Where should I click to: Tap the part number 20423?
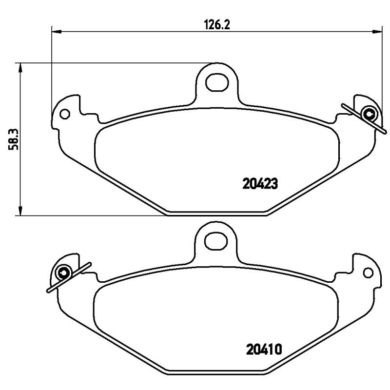click(260, 184)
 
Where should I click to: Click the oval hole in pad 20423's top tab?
click(216, 82)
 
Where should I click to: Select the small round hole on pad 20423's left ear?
click(64, 115)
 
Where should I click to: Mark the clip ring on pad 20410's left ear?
click(64, 272)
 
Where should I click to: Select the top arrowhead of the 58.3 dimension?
click(20, 68)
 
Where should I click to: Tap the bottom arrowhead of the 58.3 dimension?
click(20, 210)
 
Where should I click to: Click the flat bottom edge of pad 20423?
click(217, 214)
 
